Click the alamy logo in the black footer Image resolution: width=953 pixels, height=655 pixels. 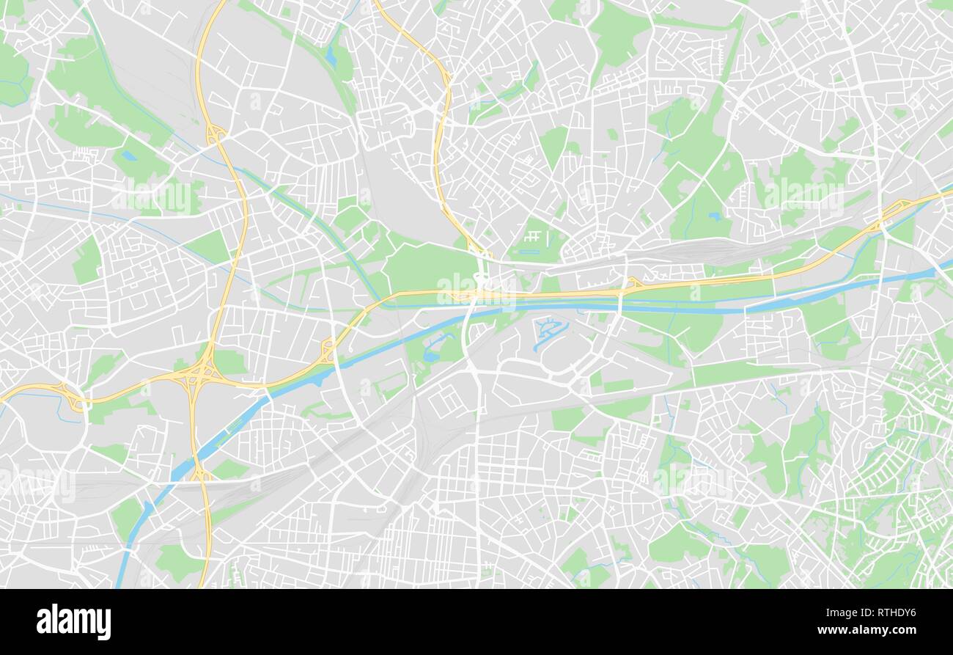73,621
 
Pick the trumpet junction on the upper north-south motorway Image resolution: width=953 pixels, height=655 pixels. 215,133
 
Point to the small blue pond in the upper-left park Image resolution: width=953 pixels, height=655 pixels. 129,155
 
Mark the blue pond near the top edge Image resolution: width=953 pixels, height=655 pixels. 331,56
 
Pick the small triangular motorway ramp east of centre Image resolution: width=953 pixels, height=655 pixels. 632,283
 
